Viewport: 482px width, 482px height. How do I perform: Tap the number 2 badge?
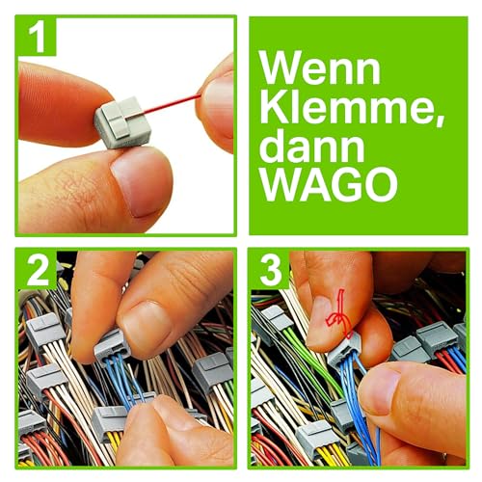tap(36, 271)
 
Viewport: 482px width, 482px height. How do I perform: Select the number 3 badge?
tap(269, 271)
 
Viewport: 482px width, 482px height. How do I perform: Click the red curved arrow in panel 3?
tap(337, 324)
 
